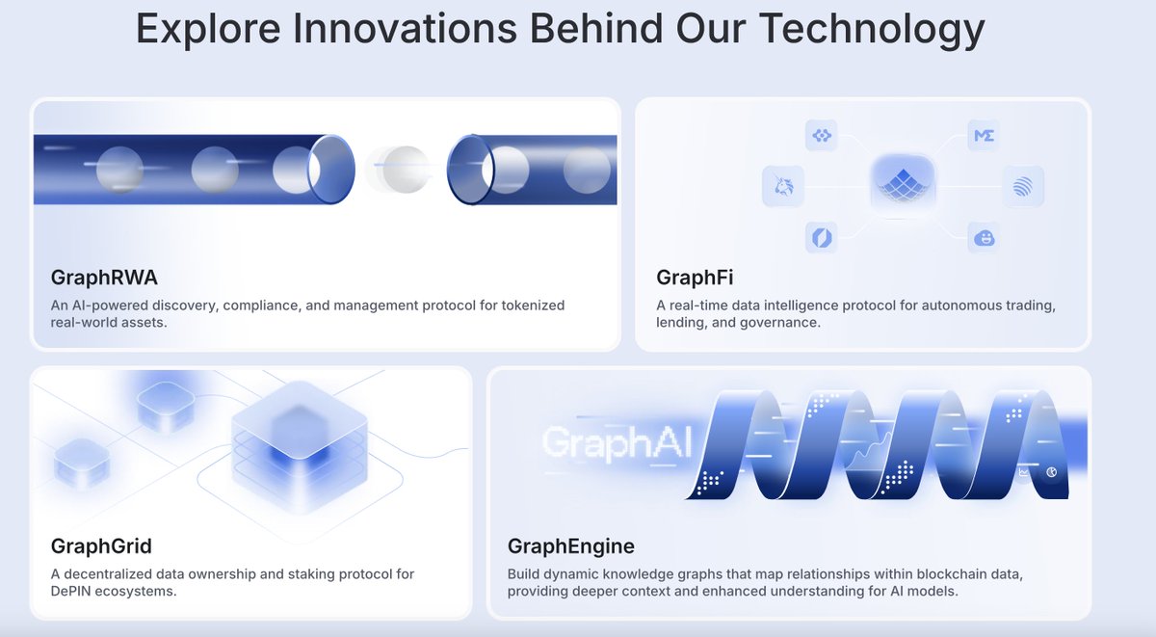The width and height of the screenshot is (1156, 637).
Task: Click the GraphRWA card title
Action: [x=104, y=278]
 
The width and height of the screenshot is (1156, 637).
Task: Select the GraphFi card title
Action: [x=695, y=278]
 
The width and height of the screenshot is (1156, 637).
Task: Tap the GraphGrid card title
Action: [x=101, y=546]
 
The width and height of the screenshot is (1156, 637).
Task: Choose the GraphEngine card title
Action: [x=570, y=546]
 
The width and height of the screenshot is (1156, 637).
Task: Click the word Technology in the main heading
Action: [x=872, y=29]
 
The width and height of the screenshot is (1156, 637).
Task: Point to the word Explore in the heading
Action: [x=208, y=29]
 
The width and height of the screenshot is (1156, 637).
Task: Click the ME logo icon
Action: [x=984, y=136]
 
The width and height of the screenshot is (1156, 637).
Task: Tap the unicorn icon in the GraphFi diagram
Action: [x=783, y=186]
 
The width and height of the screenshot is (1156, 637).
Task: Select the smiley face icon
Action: [x=984, y=238]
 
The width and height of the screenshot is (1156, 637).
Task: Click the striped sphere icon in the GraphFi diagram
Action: [x=1023, y=186]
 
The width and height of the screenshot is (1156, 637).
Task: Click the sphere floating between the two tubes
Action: [x=406, y=170]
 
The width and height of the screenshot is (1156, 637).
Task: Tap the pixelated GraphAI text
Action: [x=617, y=442]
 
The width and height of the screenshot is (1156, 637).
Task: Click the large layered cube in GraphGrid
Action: [x=300, y=446]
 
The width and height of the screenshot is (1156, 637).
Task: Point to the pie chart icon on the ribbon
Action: [x=1051, y=472]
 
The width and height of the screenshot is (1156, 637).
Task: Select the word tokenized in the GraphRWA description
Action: [x=533, y=305]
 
